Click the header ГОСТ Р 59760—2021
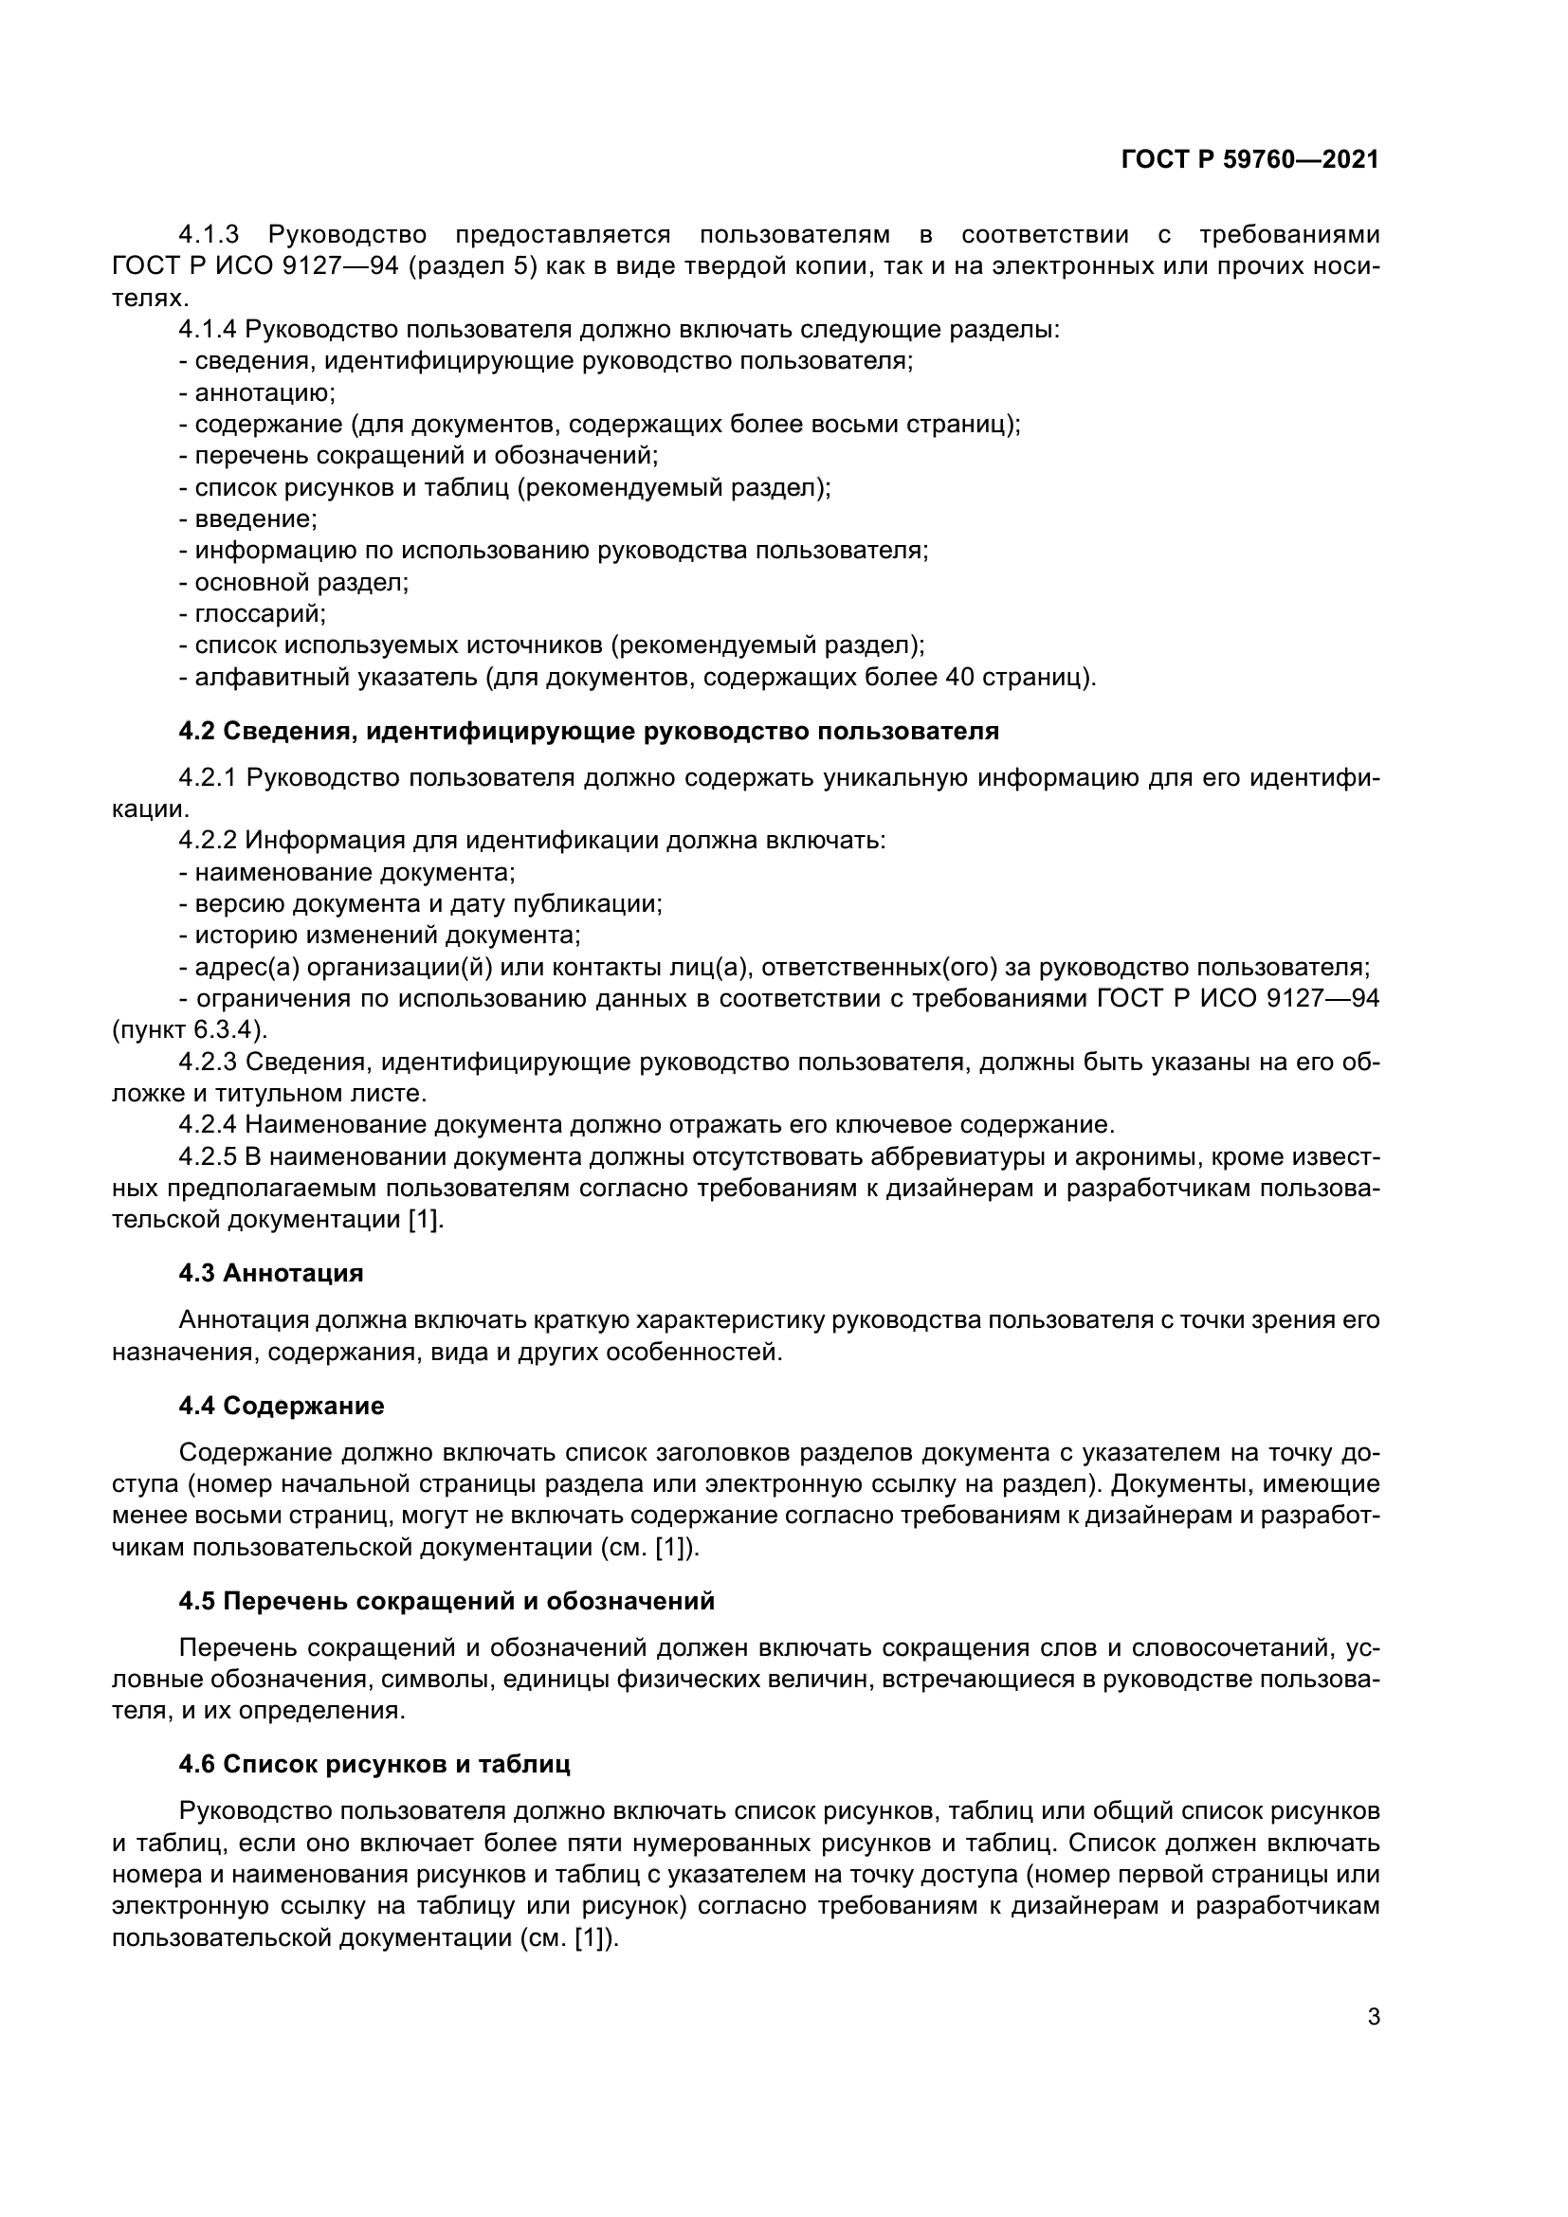pyautogui.click(x=1249, y=160)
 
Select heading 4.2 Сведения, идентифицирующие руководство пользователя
pyautogui.click(x=588, y=731)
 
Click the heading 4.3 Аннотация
pyautogui.click(x=270, y=1273)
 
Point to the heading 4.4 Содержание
pyautogui.click(x=281, y=1406)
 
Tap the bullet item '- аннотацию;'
pyautogui.click(x=257, y=393)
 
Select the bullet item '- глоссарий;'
pyautogui.click(x=252, y=613)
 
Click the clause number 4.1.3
pyautogui.click(x=208, y=235)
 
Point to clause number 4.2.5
pyautogui.click(x=208, y=1156)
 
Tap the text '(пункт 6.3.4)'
pyautogui.click(x=190, y=1030)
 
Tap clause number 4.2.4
pyautogui.click(x=208, y=1125)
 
